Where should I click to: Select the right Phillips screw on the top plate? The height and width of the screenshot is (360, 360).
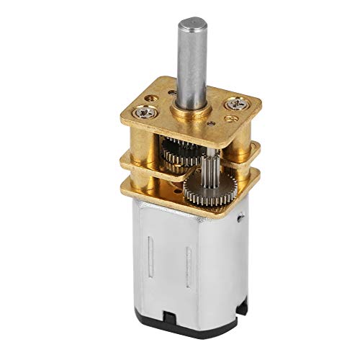click(x=235, y=105)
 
